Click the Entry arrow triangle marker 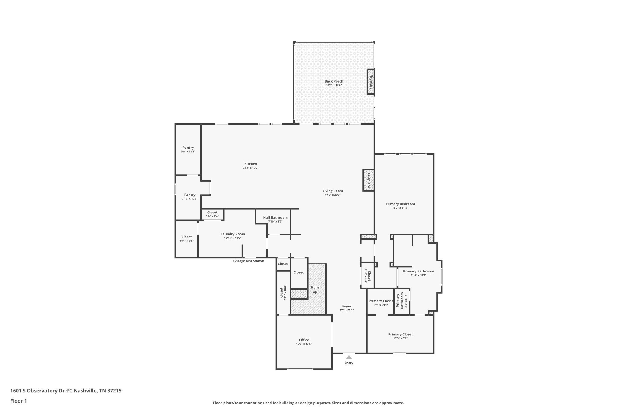click(x=349, y=357)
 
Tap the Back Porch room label click(x=334, y=81)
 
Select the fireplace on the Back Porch click(x=371, y=82)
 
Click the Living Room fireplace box click(x=368, y=180)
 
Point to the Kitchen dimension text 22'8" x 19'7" click(x=251, y=168)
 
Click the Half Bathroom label click(x=275, y=218)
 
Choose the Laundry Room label click(x=233, y=234)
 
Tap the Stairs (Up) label click(x=315, y=290)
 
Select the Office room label click(x=304, y=340)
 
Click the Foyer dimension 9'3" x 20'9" click(x=347, y=310)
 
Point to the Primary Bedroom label click(x=400, y=204)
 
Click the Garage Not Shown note click(x=249, y=261)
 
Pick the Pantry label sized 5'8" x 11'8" click(x=188, y=148)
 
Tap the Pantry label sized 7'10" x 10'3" click(x=190, y=195)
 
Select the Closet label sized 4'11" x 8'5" click(x=186, y=237)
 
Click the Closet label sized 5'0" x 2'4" click(x=212, y=213)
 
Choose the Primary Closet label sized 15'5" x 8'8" click(x=400, y=334)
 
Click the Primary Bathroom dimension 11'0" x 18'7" click(x=418, y=275)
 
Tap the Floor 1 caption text click(x=19, y=401)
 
